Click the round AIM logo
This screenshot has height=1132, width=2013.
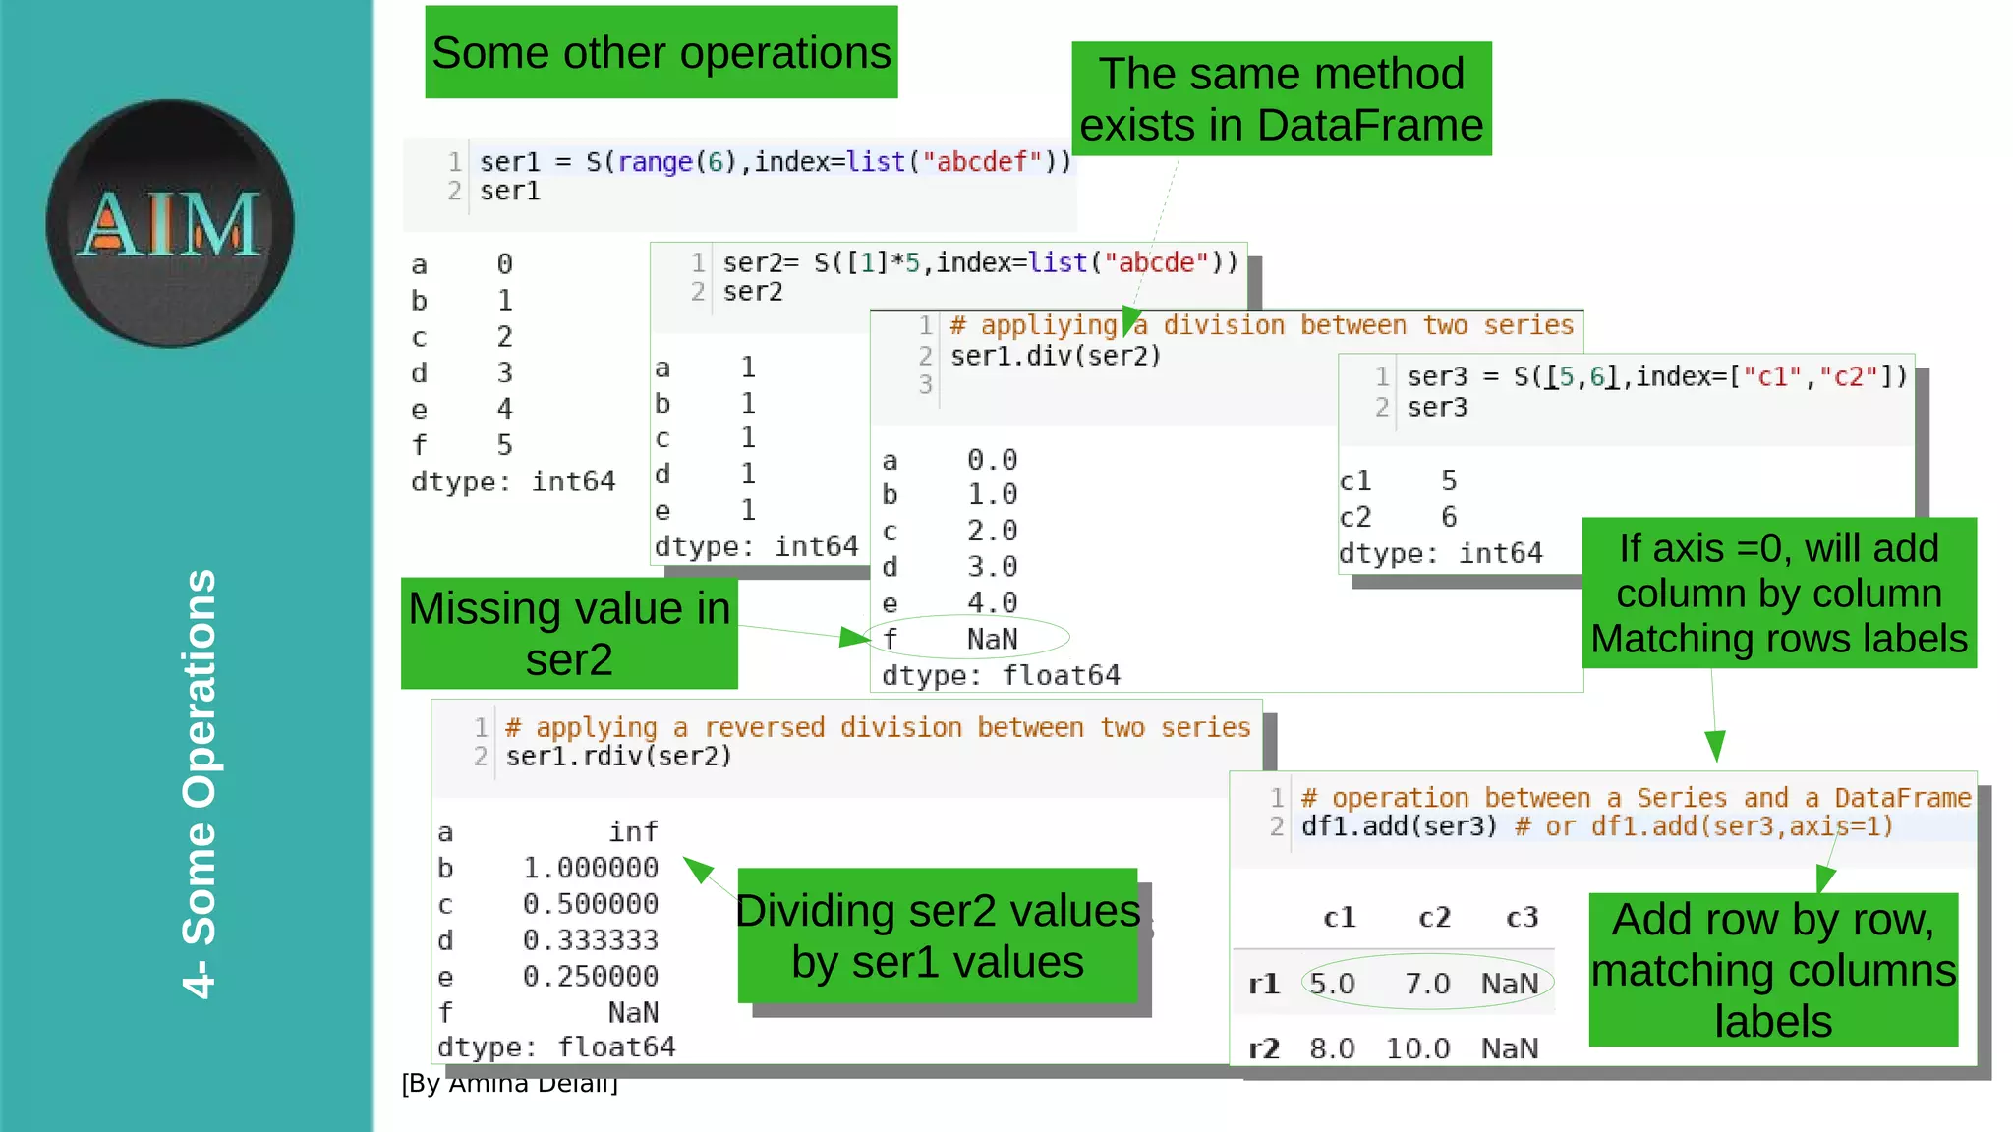(x=170, y=223)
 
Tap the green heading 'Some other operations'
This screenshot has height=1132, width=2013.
(x=661, y=53)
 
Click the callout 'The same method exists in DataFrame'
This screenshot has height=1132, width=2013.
(x=1281, y=99)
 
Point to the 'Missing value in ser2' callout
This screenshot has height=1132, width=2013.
(x=569, y=634)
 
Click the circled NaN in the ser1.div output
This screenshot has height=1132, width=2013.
(x=992, y=639)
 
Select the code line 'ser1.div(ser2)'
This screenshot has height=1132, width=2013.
(x=1055, y=356)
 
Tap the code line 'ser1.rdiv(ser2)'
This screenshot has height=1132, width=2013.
(x=618, y=756)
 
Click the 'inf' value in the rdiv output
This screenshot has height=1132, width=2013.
(x=633, y=832)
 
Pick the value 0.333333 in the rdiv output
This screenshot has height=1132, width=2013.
(x=590, y=940)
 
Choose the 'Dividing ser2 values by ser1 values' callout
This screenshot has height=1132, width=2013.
(x=938, y=935)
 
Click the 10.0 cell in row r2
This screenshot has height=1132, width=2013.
(x=1417, y=1048)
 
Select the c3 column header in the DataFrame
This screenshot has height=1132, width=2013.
(x=1522, y=918)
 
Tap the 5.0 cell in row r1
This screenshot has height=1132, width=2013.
(x=1332, y=984)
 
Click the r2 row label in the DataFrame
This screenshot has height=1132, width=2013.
(x=1264, y=1048)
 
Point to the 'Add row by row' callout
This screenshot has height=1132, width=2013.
(x=1773, y=970)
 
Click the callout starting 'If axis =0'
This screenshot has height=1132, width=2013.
(x=1779, y=594)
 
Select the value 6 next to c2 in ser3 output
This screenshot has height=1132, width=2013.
(x=1449, y=517)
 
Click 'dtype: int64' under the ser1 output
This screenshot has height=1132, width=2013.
(x=513, y=481)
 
